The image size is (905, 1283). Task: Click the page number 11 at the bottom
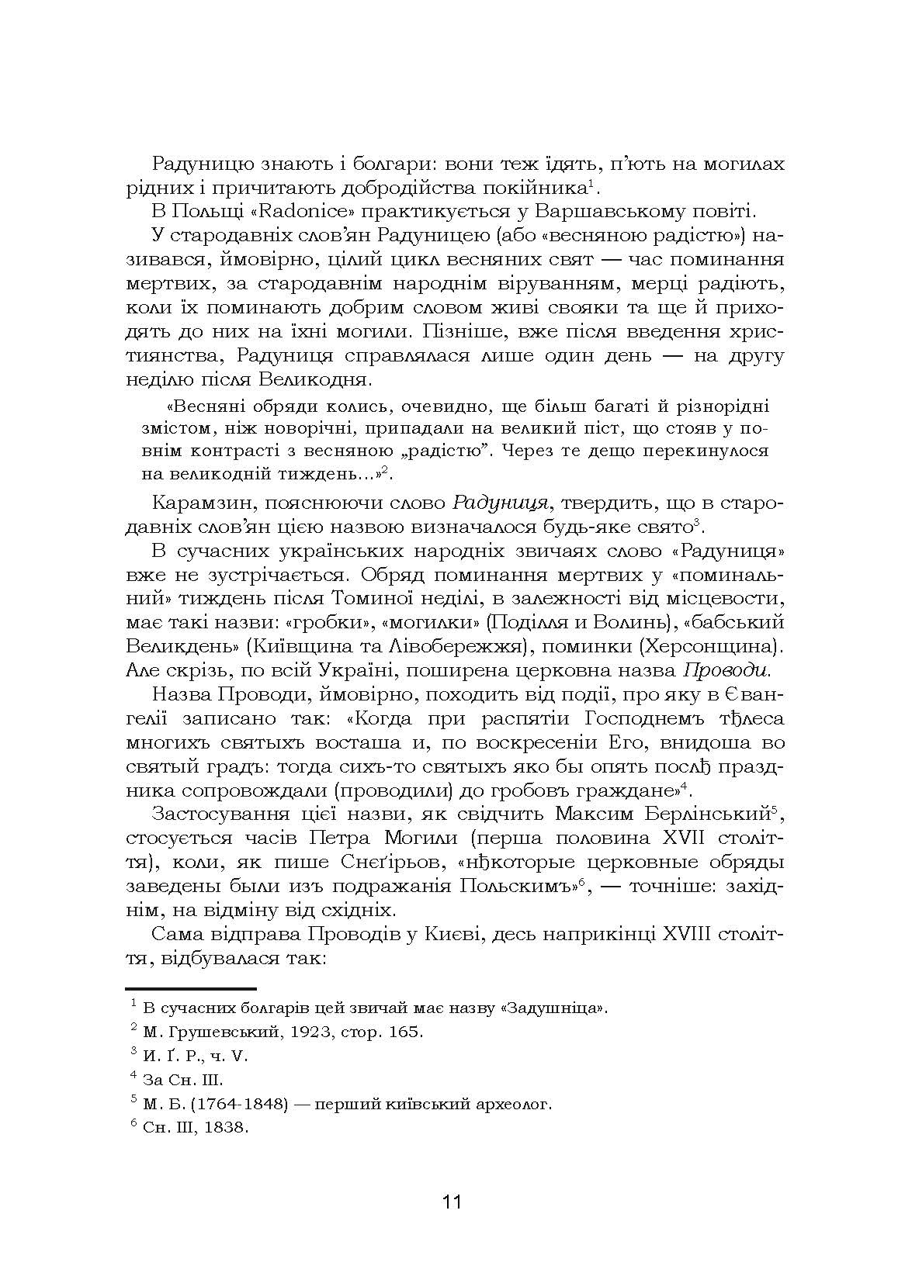pyautogui.click(x=452, y=1203)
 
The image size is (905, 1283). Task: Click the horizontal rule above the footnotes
pyautogui.click(x=190, y=989)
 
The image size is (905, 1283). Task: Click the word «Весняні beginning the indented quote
pyautogui.click(x=207, y=406)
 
